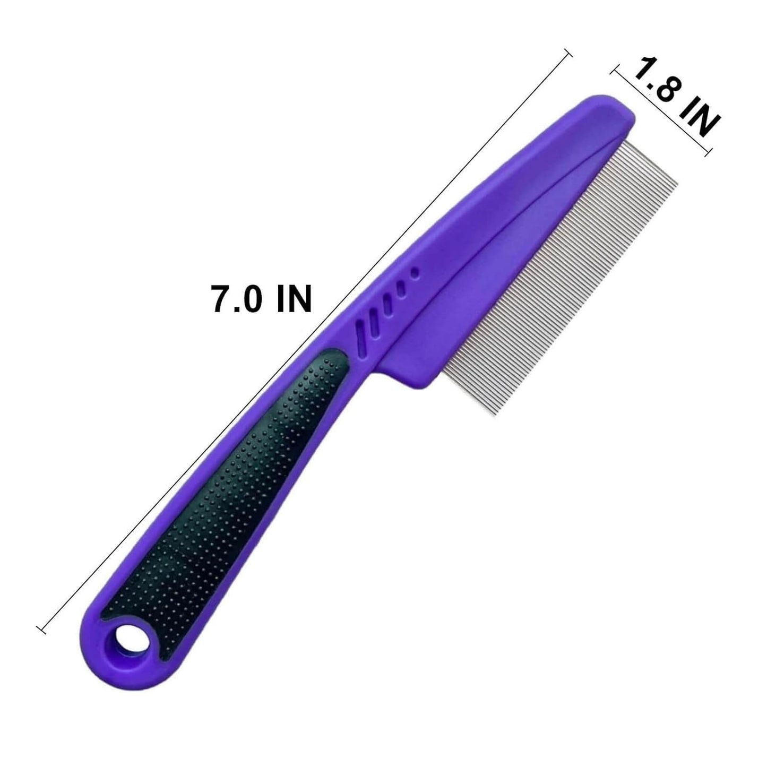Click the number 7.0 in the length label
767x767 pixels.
(236, 300)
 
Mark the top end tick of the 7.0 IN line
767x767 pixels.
(568, 53)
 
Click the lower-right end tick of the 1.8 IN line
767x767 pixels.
(706, 154)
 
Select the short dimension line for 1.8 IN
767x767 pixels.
(661, 111)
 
